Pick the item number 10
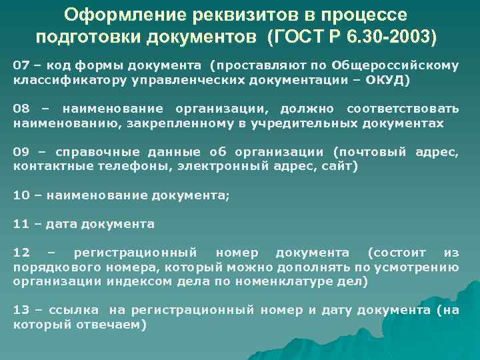click(x=21, y=195)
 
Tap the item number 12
click(x=21, y=253)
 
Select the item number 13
click(x=21, y=310)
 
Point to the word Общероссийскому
click(x=403, y=65)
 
